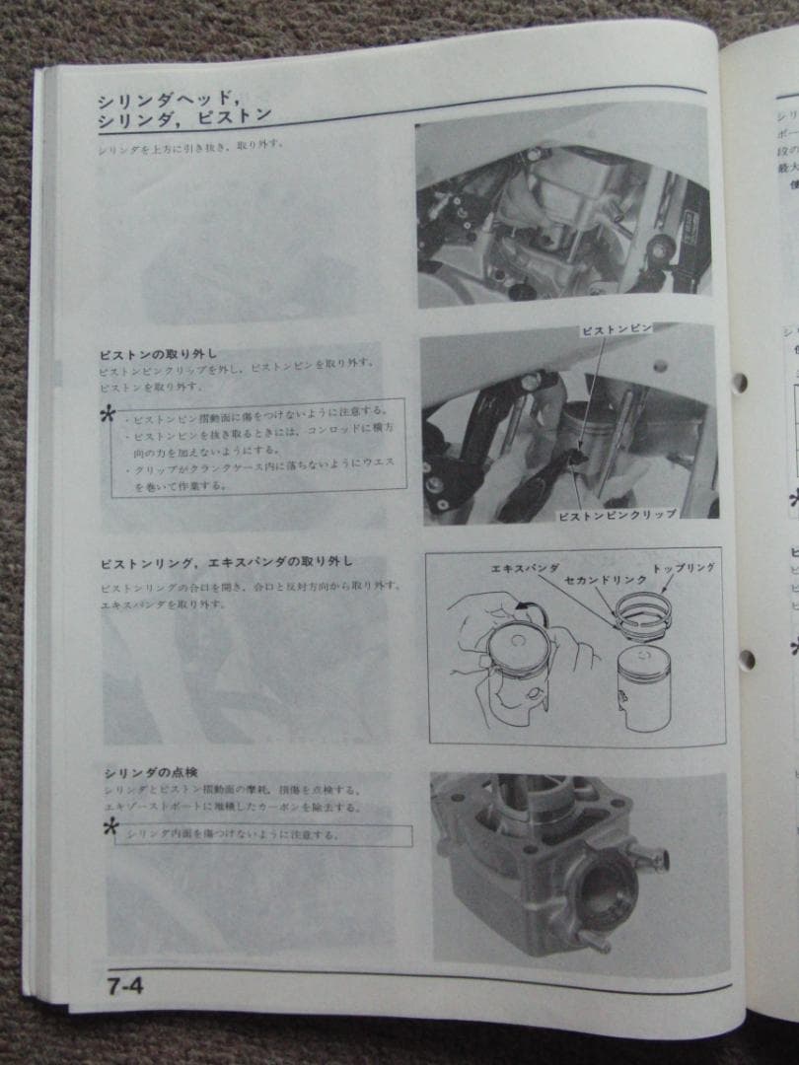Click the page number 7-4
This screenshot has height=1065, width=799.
pyautogui.click(x=124, y=984)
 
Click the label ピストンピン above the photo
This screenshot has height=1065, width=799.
pyautogui.click(x=614, y=332)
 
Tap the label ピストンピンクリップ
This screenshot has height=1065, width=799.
pyautogui.click(x=617, y=515)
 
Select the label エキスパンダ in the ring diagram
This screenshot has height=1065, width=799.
pyautogui.click(x=525, y=569)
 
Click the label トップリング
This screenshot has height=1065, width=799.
pyautogui.click(x=684, y=568)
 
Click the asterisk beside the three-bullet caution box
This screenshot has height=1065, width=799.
pyautogui.click(x=109, y=415)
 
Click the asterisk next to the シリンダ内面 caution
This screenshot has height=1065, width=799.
pyautogui.click(x=111, y=828)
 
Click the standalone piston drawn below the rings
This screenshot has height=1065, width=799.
pyautogui.click(x=643, y=686)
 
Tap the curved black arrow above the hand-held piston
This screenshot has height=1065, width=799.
pyautogui.click(x=532, y=609)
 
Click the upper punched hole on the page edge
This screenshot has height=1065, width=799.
pyautogui.click(x=739, y=382)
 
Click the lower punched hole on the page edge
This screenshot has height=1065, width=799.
pyautogui.click(x=746, y=659)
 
